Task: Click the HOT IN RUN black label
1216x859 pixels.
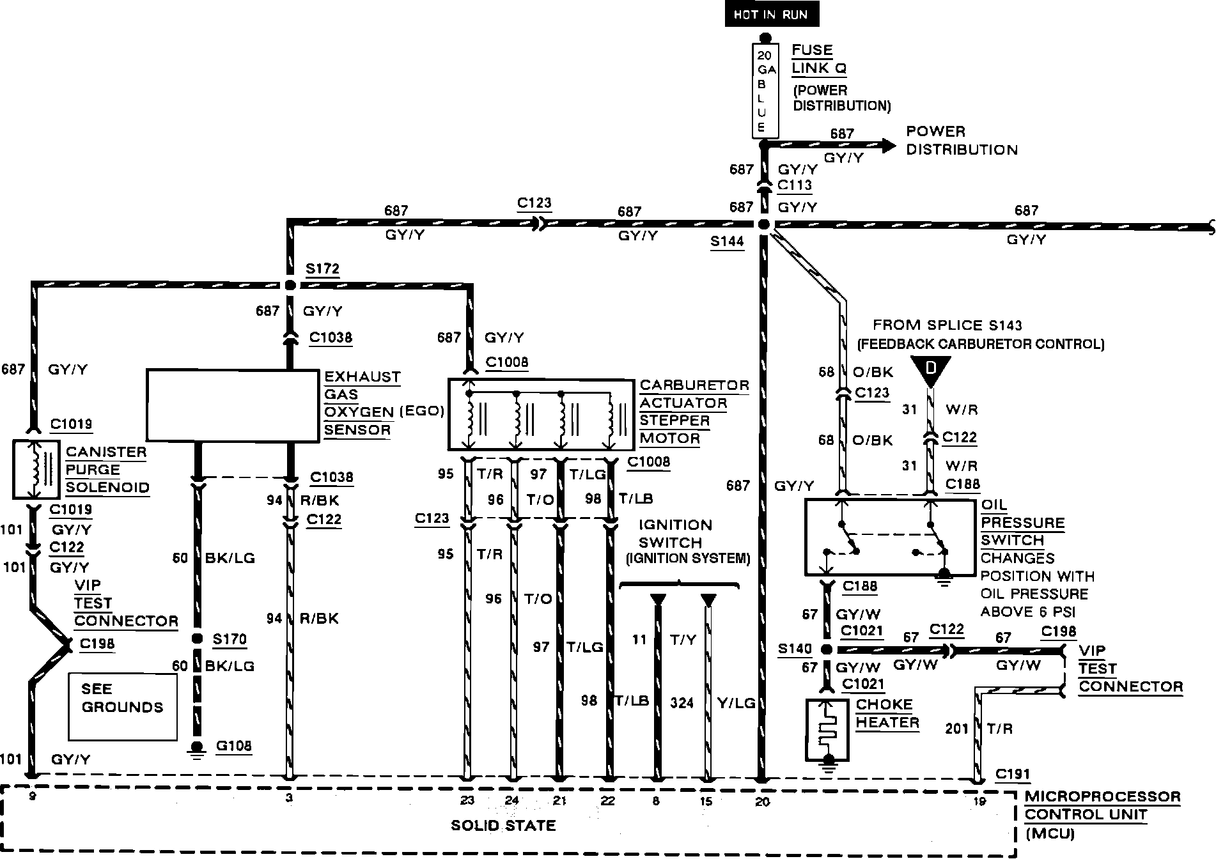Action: [771, 15]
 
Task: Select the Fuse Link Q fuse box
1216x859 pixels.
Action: [765, 91]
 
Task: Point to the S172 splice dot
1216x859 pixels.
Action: [290, 285]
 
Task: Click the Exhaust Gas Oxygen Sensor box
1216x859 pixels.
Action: [233, 405]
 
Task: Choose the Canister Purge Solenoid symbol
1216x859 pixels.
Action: [36, 469]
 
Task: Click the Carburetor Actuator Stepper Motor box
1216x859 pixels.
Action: [540, 415]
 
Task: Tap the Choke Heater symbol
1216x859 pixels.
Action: [827, 729]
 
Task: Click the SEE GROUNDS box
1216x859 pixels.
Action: [122, 706]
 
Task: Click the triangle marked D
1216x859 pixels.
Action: [930, 371]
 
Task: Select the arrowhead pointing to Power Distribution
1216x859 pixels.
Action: [888, 146]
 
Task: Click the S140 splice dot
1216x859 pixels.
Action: [826, 650]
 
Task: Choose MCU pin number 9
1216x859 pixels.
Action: [32, 796]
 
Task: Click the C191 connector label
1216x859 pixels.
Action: [1013, 774]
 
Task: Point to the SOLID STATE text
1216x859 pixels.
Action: [503, 825]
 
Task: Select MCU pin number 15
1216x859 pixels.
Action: [707, 801]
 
